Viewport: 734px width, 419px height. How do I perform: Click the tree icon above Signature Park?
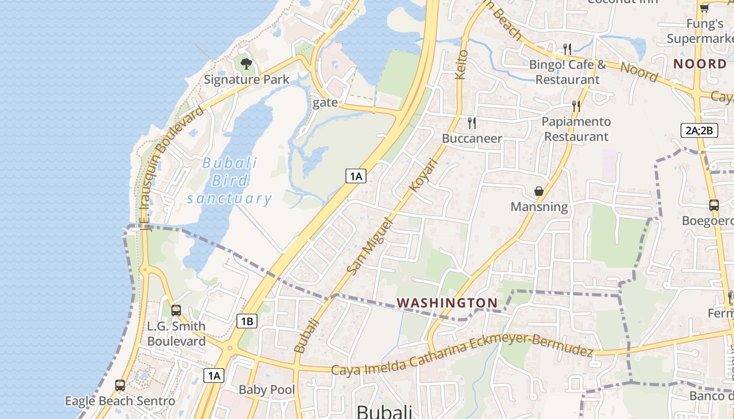tap(246, 64)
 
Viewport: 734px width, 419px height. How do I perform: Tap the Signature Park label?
tap(246, 80)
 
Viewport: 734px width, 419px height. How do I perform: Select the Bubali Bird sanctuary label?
tap(230, 181)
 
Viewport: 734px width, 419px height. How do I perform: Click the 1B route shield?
tap(247, 321)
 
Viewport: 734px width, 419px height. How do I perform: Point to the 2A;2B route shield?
tap(699, 130)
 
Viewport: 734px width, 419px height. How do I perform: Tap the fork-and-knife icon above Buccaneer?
tap(472, 123)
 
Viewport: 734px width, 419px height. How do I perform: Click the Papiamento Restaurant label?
tap(576, 129)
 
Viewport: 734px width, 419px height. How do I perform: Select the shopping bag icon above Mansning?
tap(538, 192)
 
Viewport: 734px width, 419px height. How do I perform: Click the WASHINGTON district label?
tap(447, 303)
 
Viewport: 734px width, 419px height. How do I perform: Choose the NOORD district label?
tap(700, 64)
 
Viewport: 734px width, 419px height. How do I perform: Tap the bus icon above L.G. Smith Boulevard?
tap(176, 310)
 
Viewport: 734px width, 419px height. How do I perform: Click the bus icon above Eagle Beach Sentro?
tap(120, 385)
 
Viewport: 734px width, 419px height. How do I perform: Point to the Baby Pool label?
tap(267, 390)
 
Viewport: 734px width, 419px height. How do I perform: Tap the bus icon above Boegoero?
tap(714, 205)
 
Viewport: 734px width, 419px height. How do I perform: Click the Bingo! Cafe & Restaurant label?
tap(567, 72)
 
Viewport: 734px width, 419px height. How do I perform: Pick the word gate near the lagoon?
tap(325, 103)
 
